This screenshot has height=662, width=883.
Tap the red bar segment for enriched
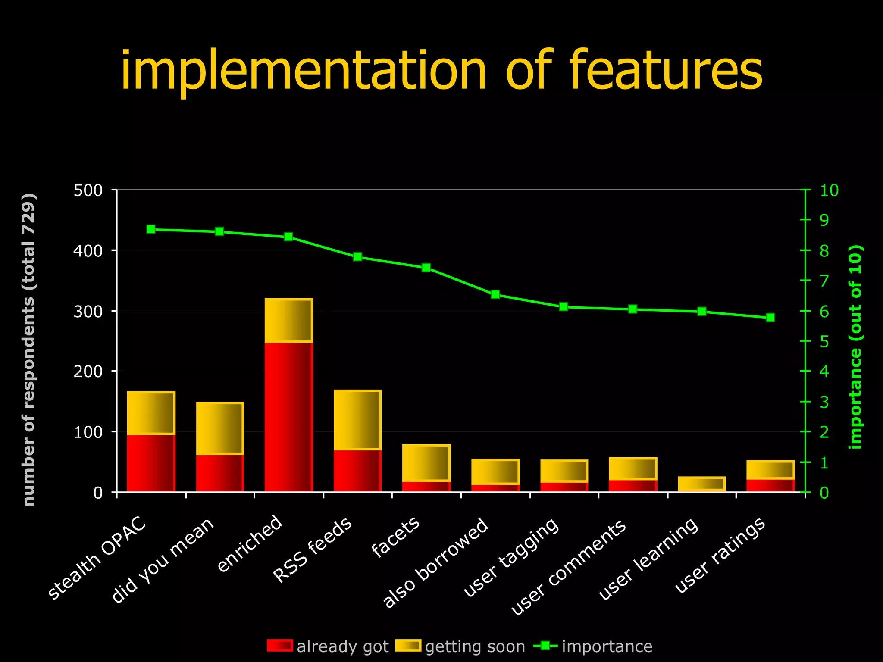(x=288, y=416)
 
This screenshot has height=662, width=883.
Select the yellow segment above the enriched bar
(x=288, y=320)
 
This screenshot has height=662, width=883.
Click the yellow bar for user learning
(x=701, y=484)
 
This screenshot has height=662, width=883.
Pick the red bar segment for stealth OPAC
(x=151, y=463)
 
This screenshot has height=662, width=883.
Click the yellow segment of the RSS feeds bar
(x=357, y=420)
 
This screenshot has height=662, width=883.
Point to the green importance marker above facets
(x=426, y=268)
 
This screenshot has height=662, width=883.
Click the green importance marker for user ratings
(x=770, y=318)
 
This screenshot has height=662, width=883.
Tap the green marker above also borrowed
(x=495, y=294)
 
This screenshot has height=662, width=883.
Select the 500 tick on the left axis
(x=88, y=190)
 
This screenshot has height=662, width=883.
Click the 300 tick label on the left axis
(x=88, y=311)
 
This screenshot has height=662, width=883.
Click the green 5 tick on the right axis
(x=824, y=342)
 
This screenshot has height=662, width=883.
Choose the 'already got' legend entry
(x=328, y=646)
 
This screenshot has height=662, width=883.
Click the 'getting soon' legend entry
(x=460, y=646)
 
